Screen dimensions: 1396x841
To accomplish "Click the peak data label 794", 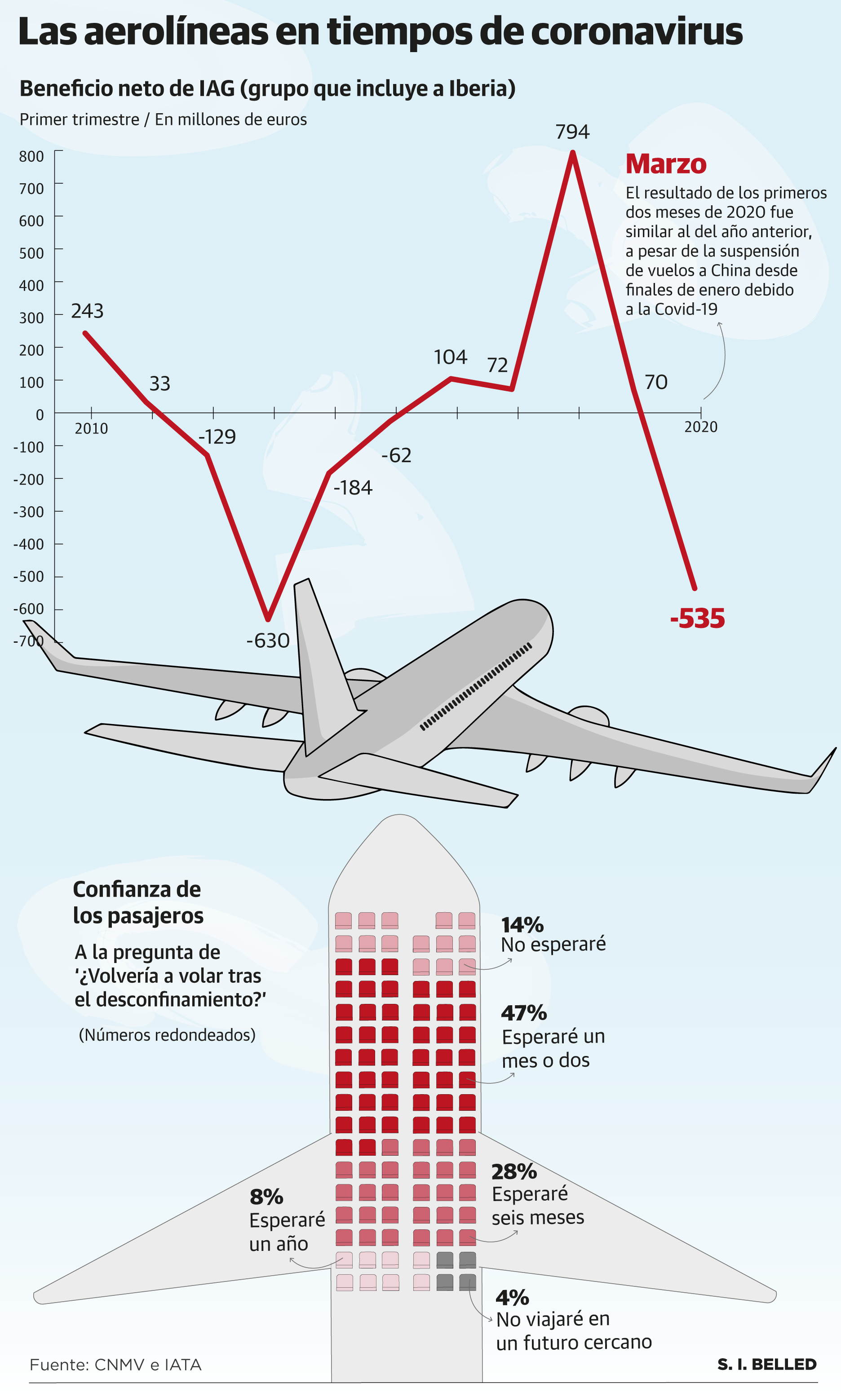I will click(x=572, y=132).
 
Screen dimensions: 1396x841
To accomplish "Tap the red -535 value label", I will click(x=697, y=618).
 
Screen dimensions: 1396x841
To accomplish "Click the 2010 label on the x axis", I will click(x=91, y=429).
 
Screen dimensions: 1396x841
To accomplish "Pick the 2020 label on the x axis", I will click(x=700, y=427).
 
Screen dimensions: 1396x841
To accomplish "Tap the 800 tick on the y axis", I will click(x=32, y=156).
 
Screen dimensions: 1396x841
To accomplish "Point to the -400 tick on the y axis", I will click(x=29, y=544).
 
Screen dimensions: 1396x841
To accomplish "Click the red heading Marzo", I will click(x=666, y=164).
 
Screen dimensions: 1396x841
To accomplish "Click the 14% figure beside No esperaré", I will click(x=522, y=925).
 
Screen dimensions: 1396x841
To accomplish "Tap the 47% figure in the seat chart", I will click(x=524, y=1012).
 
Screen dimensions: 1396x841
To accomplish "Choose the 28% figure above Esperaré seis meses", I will click(x=514, y=1171).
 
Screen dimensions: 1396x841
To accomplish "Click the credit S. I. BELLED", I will click(x=767, y=1364).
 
